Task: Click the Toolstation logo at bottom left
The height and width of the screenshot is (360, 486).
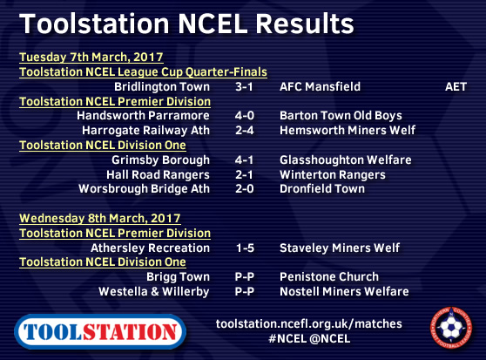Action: click(x=100, y=331)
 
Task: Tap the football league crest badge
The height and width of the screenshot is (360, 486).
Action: click(x=451, y=328)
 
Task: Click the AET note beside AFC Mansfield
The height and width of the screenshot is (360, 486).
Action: click(x=456, y=87)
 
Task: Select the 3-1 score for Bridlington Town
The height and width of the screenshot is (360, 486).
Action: click(x=244, y=87)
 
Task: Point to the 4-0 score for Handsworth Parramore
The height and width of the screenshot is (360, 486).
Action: click(x=244, y=116)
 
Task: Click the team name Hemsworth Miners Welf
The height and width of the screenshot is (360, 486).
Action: click(x=348, y=130)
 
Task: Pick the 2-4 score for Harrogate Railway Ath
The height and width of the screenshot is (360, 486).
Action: click(x=244, y=130)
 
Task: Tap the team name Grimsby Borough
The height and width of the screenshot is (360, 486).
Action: click(x=160, y=160)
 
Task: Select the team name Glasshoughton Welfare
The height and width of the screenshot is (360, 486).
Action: click(x=345, y=160)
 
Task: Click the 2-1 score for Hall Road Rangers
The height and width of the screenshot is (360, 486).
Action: click(x=244, y=175)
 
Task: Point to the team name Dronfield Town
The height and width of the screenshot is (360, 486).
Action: click(x=322, y=189)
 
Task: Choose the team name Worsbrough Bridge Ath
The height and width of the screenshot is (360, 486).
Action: click(x=144, y=189)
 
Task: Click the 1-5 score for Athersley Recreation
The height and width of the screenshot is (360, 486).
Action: click(x=245, y=248)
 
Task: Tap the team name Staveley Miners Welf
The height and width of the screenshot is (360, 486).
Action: click(x=340, y=248)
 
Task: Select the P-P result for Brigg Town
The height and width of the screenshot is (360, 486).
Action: click(x=244, y=277)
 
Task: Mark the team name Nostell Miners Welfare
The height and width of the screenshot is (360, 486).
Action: click(x=344, y=291)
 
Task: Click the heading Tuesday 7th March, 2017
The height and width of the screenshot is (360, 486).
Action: click(x=91, y=58)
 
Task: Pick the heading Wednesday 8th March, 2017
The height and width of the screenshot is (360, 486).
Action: click(x=100, y=219)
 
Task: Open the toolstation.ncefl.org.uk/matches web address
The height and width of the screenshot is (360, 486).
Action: click(x=308, y=324)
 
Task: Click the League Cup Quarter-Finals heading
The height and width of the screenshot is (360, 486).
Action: click(x=143, y=72)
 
